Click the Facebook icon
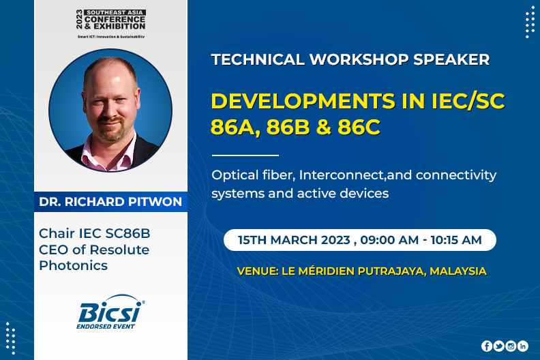point(487,346)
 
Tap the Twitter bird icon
point(498,346)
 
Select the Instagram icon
point(511,346)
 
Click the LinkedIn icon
point(523,346)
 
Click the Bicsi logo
point(110,312)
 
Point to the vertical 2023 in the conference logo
point(80,19)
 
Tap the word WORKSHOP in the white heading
point(359,59)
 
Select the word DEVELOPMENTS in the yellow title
point(303,102)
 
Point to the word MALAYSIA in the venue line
point(458,271)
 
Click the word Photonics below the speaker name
point(74,266)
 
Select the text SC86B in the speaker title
point(127,234)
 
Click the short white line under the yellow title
point(245,155)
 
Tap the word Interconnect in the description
point(342,175)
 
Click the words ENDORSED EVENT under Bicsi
point(106,327)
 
